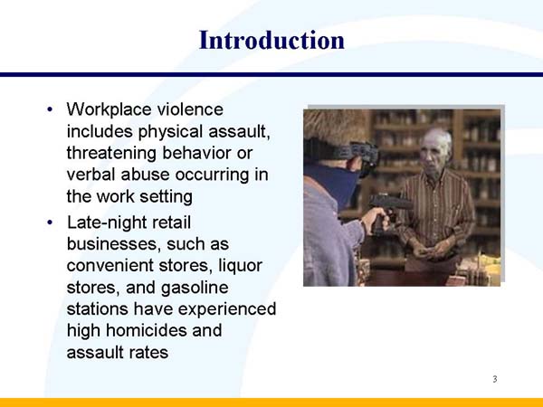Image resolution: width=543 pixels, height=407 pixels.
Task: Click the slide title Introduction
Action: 271,41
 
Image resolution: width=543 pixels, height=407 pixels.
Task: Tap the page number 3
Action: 495,379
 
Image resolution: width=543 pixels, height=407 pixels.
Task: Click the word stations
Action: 98,308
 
